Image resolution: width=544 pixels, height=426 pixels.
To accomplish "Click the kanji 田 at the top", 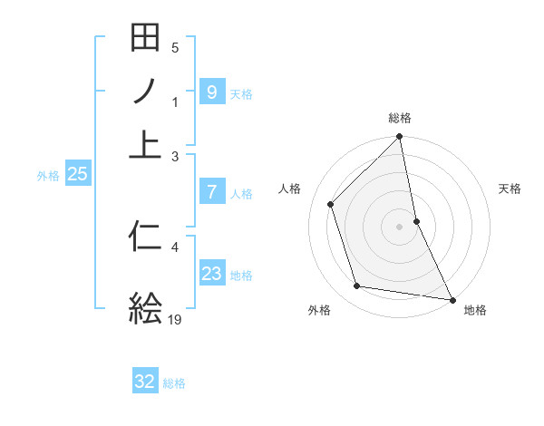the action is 145,40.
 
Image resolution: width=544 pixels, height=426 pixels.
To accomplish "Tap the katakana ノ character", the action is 145,92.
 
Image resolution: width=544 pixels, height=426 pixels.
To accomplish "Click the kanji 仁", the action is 145,237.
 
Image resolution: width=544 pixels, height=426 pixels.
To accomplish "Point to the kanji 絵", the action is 145,307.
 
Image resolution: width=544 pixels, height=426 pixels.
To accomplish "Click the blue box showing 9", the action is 211,92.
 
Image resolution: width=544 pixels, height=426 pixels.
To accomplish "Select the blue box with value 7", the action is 211,191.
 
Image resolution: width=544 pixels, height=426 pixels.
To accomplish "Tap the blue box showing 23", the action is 211,273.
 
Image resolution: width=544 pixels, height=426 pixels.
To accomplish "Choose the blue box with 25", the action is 77,174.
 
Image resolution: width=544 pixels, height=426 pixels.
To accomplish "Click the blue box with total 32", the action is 145,382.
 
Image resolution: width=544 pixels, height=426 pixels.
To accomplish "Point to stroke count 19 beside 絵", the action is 175,319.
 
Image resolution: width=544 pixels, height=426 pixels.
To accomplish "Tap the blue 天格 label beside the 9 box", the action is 241,93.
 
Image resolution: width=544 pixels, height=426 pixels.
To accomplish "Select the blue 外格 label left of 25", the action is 48,176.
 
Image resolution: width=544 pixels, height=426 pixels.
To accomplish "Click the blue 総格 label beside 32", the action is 174,383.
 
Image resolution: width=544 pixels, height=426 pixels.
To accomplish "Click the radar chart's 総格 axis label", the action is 400,118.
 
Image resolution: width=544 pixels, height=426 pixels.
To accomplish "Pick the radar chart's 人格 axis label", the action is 289,189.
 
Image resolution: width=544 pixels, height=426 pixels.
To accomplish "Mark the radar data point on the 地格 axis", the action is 452,299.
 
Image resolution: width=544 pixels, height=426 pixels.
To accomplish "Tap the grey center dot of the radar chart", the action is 400,227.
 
